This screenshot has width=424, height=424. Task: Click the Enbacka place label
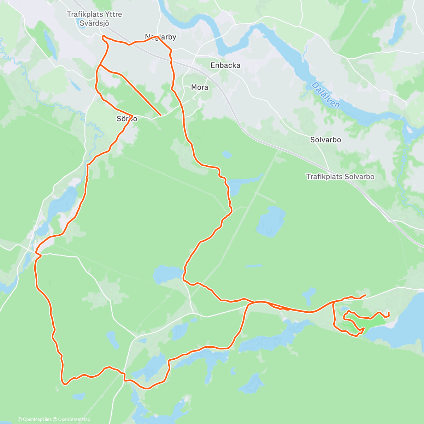pos(225,65)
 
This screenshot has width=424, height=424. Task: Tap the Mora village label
pos(200,87)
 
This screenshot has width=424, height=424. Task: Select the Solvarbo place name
pos(325,140)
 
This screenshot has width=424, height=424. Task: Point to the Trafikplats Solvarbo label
pos(340,177)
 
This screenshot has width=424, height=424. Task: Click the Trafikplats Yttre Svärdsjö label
pos(94,19)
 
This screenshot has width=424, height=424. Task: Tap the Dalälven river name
pos(326,95)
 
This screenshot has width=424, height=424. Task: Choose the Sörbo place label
pos(127,119)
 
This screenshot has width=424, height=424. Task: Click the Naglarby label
pos(160,37)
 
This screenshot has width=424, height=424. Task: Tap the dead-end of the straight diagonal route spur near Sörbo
pos(161,115)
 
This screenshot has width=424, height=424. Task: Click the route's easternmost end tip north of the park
pos(365,295)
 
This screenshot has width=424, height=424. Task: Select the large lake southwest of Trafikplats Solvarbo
pos(270,221)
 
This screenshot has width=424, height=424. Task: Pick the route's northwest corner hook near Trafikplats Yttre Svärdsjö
pos(103,37)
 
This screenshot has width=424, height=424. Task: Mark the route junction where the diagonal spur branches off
pos(100,65)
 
